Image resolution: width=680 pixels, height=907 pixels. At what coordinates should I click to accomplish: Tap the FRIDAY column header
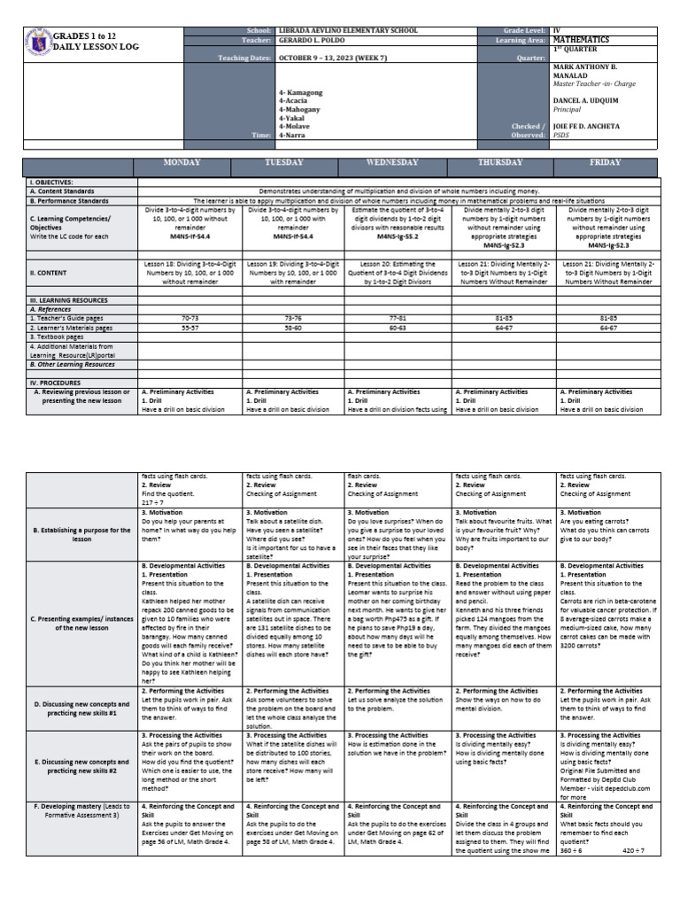608,164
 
